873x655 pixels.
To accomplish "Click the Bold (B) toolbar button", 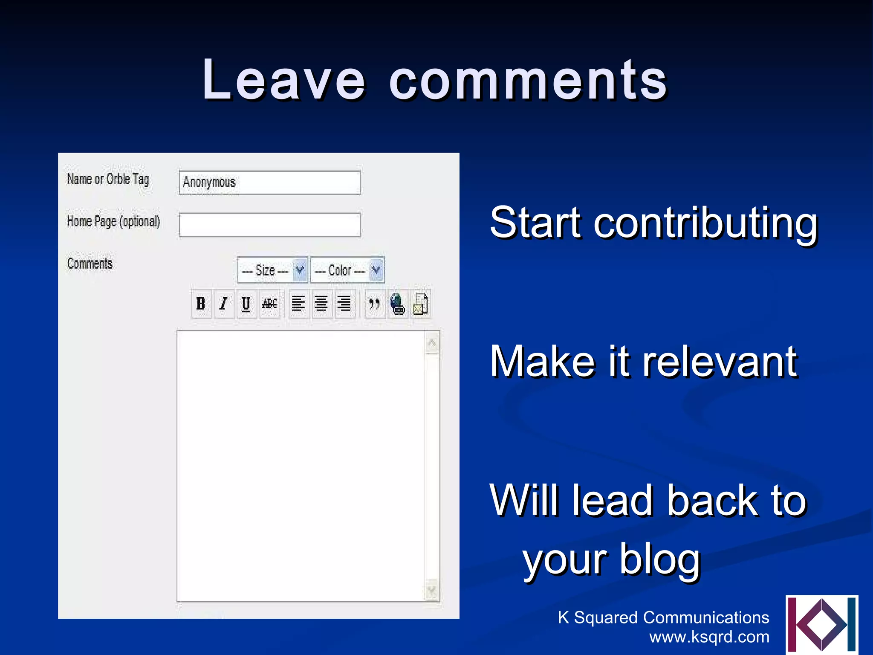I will click(201, 304).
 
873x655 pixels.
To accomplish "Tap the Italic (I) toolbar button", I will click(224, 304).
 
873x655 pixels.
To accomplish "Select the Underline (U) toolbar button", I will click(246, 304).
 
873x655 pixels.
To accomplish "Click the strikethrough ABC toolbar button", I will click(269, 304).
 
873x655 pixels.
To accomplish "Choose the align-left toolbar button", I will click(298, 304).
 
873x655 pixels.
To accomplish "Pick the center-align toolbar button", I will click(321, 304).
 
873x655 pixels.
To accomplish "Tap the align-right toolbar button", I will click(344, 304).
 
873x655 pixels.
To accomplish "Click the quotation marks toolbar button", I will click(374, 304).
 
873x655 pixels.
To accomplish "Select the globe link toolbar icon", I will click(397, 304).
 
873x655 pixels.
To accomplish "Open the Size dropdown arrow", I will click(300, 270).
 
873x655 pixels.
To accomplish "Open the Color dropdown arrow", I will click(376, 270).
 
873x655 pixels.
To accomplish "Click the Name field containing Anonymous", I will click(270, 183).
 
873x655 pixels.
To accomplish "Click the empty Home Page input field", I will click(270, 225).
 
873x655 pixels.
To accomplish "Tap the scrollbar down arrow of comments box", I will click(432, 590).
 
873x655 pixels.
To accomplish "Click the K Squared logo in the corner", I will click(821, 624).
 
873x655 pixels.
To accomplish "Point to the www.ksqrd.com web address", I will click(709, 637).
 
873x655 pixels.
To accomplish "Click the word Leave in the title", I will click(283, 80).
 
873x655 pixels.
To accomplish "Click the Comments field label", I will click(90, 264).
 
